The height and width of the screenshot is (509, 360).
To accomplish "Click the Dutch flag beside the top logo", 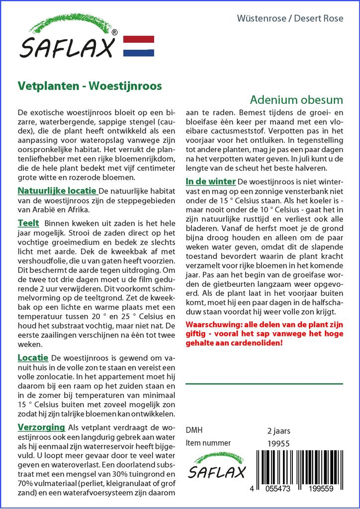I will click(138, 46).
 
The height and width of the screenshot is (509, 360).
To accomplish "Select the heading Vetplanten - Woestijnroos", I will click(90, 85).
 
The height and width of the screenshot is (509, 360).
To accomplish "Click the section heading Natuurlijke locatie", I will click(57, 191).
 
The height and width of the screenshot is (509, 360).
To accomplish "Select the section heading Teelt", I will click(28, 223).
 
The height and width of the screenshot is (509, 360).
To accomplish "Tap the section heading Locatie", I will click(33, 357).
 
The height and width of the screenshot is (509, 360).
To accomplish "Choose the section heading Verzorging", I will click(41, 427).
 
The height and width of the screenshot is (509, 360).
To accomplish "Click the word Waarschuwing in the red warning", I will click(209, 324).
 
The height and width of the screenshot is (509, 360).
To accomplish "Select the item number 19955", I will click(278, 443).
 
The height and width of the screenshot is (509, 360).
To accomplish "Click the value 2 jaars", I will click(278, 430).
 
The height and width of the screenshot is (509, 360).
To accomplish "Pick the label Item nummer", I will click(208, 443).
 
